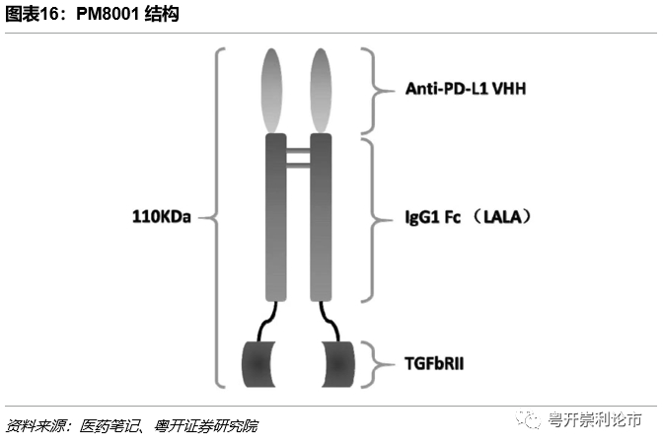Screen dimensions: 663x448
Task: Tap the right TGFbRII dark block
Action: [334, 362]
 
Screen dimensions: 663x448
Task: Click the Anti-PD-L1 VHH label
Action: [466, 89]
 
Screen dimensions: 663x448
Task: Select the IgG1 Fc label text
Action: [434, 215]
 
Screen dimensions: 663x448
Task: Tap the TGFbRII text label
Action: [434, 363]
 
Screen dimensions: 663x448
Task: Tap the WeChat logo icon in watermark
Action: [533, 422]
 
